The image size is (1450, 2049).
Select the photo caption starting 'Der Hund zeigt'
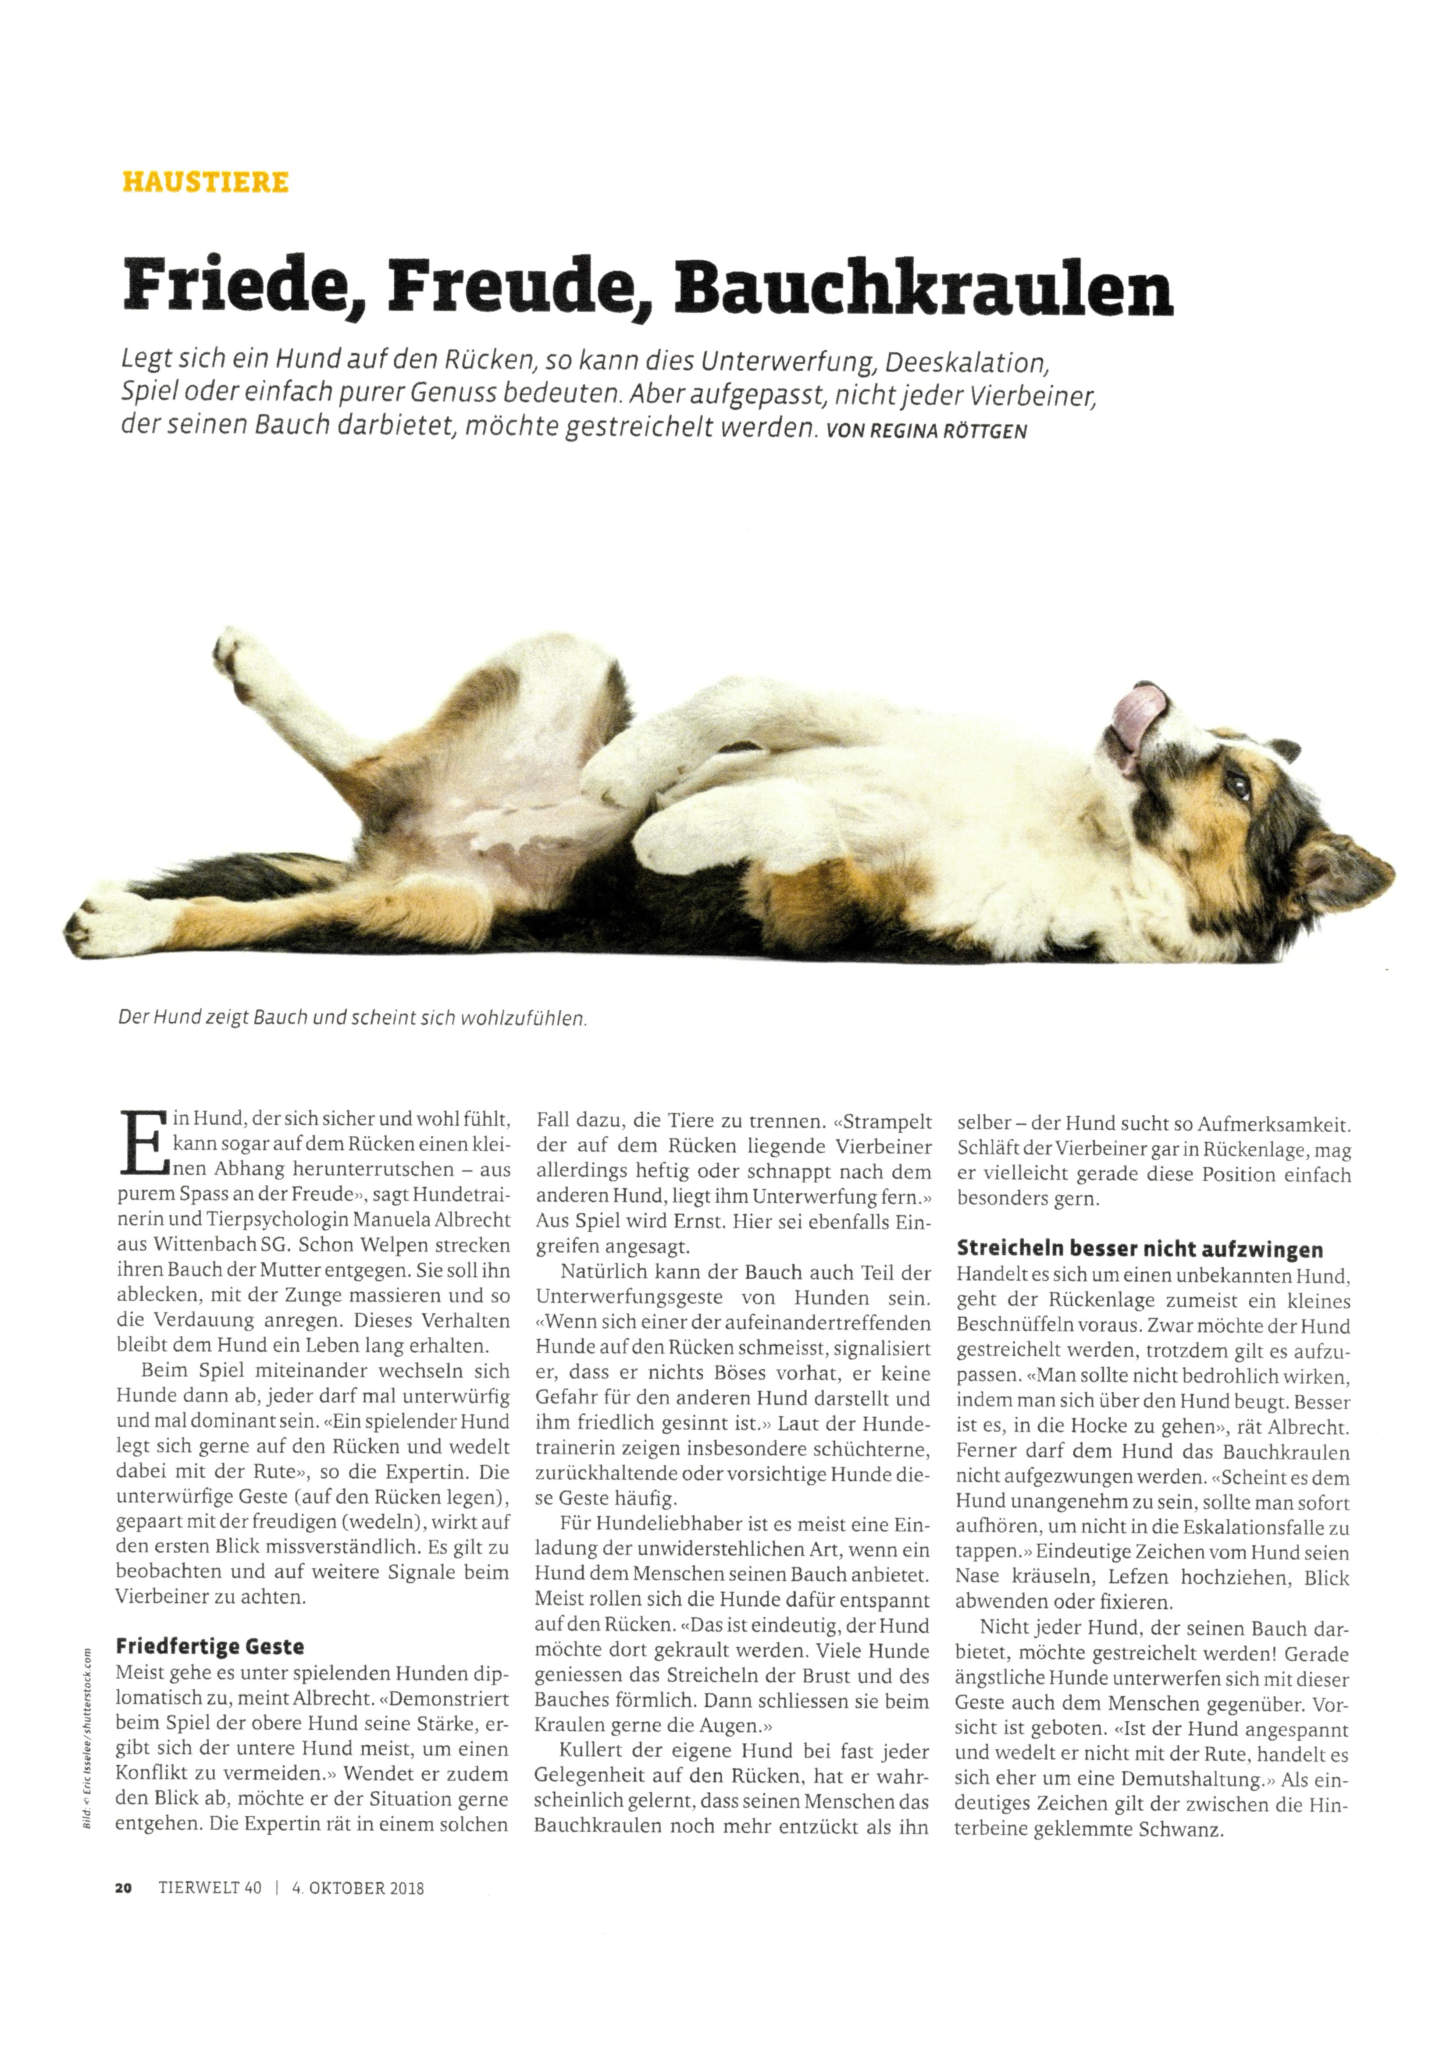pos(353,1017)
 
